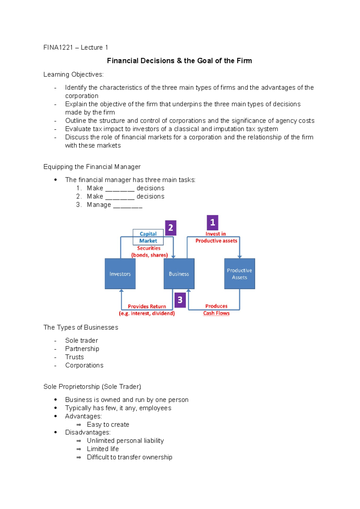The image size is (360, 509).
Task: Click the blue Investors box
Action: (120, 274)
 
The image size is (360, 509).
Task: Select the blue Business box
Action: (179, 274)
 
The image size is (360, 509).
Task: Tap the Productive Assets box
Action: (239, 274)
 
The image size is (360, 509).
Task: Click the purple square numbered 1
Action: (212, 222)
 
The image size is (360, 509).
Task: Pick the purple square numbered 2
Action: (170, 228)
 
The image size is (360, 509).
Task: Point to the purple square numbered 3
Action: (180, 300)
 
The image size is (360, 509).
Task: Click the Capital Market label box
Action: (148, 237)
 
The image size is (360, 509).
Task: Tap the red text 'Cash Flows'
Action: (216, 313)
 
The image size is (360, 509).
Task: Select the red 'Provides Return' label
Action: (147, 306)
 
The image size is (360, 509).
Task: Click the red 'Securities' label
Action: (149, 248)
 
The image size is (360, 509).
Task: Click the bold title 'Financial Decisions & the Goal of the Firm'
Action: (179, 61)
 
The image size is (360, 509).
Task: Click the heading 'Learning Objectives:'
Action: (73, 74)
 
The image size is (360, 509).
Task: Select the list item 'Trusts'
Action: (74, 357)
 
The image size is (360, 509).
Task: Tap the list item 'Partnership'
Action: (82, 349)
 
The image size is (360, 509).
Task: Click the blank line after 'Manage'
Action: (127, 205)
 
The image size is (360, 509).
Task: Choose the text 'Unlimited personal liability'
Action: (125, 441)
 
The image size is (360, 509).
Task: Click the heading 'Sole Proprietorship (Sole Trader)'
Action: (92, 387)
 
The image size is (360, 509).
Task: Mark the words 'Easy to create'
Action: (108, 424)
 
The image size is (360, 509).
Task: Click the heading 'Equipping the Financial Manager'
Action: (92, 167)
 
